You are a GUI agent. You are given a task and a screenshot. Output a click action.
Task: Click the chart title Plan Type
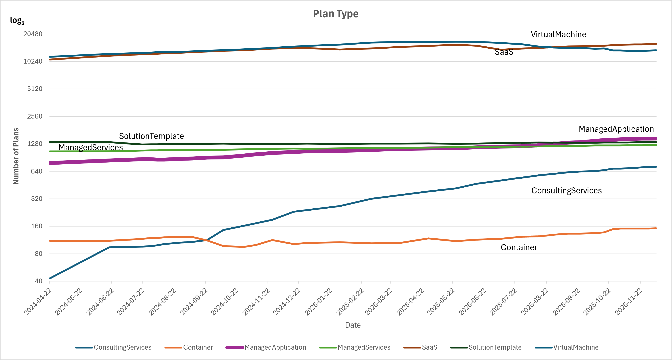(336, 14)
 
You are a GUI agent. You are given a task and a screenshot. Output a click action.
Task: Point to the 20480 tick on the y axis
(33, 34)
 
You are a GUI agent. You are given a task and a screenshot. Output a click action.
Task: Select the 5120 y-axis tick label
(35, 89)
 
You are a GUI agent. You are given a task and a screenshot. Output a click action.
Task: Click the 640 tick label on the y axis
(37, 171)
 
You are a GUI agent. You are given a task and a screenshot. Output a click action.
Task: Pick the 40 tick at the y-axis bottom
(38, 281)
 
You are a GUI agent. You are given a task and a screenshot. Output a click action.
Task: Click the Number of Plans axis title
(16, 156)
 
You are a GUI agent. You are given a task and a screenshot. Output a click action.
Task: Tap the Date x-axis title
(353, 325)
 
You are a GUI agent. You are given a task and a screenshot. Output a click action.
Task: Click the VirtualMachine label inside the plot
(558, 34)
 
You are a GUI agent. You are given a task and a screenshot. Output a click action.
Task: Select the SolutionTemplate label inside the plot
(151, 136)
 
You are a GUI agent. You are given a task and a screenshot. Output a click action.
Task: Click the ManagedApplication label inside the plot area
(616, 129)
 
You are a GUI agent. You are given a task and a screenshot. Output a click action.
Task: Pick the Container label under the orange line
(519, 247)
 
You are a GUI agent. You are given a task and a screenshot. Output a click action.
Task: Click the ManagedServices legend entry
(364, 347)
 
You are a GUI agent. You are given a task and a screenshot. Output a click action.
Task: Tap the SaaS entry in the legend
(429, 347)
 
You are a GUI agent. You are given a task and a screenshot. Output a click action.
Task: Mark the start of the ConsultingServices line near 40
(50, 278)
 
